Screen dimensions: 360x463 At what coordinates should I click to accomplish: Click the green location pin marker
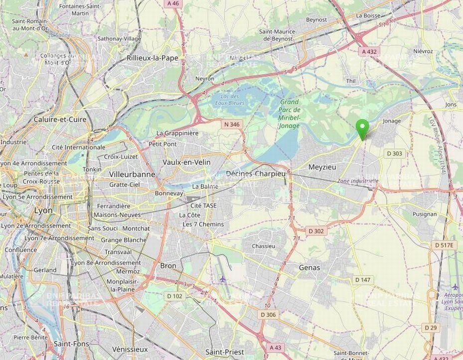(x=363, y=128)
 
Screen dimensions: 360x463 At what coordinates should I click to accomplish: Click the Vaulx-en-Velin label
(x=186, y=163)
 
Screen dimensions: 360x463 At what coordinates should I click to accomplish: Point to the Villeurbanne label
(x=132, y=175)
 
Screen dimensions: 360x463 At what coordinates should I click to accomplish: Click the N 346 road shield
(x=232, y=124)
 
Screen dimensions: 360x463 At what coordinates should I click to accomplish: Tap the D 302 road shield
(x=316, y=231)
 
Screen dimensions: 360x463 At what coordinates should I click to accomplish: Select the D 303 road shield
(x=394, y=154)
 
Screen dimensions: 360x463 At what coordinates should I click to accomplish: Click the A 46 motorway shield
(x=173, y=3)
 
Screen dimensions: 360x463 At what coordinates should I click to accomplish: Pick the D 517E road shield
(x=444, y=245)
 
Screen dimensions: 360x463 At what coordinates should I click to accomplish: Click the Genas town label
(x=309, y=268)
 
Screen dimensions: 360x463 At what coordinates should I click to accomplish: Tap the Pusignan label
(x=425, y=214)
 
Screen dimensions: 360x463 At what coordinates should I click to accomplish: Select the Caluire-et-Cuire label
(x=60, y=120)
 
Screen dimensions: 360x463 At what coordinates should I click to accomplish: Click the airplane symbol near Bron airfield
(x=223, y=279)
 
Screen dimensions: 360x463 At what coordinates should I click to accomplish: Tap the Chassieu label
(x=264, y=246)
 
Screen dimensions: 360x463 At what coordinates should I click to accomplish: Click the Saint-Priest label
(x=224, y=352)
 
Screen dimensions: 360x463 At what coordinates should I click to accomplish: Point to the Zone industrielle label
(x=358, y=181)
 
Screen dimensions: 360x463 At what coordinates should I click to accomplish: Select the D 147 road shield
(x=363, y=280)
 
